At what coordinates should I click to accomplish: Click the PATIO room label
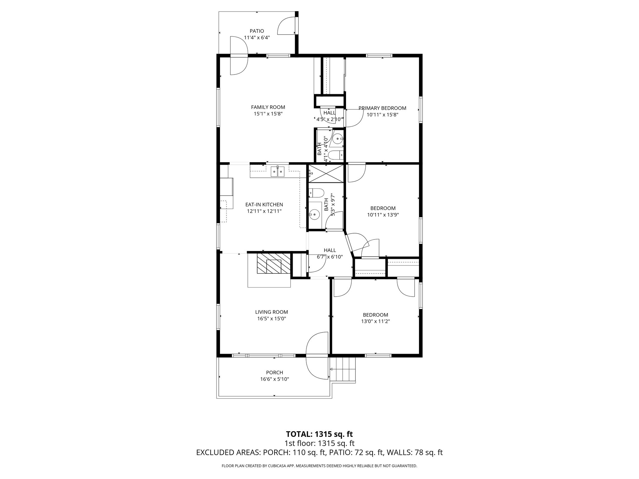click(257, 31)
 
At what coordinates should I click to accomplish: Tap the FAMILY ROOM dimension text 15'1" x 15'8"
click(268, 114)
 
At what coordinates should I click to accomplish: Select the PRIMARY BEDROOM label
click(382, 108)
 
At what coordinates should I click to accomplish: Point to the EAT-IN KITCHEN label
click(264, 205)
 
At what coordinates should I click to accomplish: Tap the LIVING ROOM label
click(271, 312)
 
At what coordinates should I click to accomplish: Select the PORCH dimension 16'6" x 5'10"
click(275, 379)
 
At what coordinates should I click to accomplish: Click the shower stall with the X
click(326, 174)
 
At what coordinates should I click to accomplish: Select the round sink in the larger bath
click(315, 214)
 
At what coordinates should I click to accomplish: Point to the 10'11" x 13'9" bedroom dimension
click(383, 215)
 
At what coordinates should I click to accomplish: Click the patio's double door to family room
click(239, 56)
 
